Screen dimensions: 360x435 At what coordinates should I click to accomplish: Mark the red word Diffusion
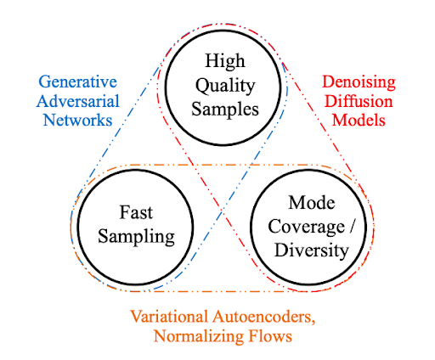point(361,101)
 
